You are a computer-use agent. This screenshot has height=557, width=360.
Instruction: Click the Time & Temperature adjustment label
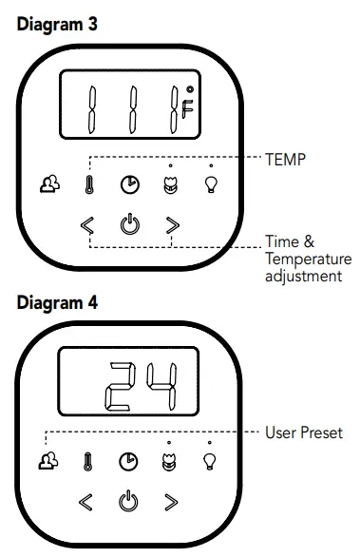coord(307,259)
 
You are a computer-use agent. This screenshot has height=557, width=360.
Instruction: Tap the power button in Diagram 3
coord(128,224)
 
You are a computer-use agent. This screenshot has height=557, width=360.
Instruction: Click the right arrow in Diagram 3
coord(171,225)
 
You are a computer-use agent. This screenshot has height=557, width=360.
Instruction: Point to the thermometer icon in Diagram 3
coord(87,186)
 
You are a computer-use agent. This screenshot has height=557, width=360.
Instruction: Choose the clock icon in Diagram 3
coord(128,185)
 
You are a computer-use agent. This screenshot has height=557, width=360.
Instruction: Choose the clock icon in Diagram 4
coord(127,461)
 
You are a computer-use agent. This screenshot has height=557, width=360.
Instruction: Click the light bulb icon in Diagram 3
coord(211,184)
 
